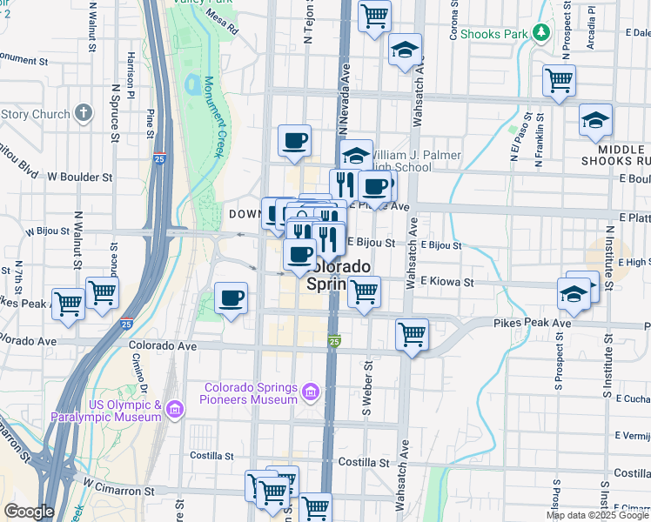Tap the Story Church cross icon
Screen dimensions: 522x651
point(83,113)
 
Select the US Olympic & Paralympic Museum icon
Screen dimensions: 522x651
point(174,408)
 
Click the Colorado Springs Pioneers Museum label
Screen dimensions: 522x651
point(252,393)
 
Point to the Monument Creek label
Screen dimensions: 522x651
point(214,117)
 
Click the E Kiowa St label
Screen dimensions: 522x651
point(446,282)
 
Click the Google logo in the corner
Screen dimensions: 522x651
point(29,511)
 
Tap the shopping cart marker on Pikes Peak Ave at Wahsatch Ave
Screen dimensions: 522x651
point(413,334)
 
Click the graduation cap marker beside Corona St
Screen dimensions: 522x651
point(405,50)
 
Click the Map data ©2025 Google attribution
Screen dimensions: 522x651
point(597,515)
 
